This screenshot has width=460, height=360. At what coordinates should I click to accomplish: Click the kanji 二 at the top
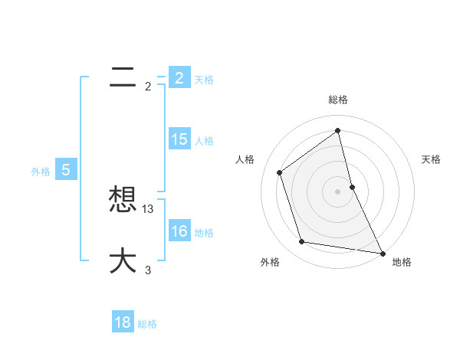(x=123, y=78)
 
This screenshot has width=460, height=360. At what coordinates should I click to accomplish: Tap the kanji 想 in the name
(x=123, y=201)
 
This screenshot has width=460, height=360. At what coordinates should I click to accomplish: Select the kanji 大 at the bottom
(x=123, y=261)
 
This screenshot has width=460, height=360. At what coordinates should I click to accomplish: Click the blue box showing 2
(x=179, y=77)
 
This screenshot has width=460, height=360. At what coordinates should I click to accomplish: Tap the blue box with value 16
(x=179, y=231)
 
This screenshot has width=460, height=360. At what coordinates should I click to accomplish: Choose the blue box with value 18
(x=123, y=322)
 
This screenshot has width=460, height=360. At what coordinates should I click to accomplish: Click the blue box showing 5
(x=66, y=170)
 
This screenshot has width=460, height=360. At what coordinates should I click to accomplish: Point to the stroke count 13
(x=149, y=208)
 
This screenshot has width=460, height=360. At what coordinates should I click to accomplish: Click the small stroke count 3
(x=148, y=270)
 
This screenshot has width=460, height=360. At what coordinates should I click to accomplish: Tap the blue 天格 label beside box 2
(x=204, y=79)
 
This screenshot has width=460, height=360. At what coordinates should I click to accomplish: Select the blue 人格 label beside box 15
(x=204, y=140)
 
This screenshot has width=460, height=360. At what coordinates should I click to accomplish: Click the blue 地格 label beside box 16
(x=204, y=232)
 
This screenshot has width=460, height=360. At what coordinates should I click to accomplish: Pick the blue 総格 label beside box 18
(x=147, y=324)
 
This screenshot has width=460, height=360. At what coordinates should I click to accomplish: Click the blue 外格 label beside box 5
(x=41, y=172)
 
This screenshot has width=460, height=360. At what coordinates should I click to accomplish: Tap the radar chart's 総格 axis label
(x=338, y=100)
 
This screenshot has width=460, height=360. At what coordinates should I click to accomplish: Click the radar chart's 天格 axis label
(x=432, y=159)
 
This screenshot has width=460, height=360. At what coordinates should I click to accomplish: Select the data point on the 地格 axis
(x=382, y=253)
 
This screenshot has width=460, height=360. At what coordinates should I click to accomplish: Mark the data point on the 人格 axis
(x=279, y=172)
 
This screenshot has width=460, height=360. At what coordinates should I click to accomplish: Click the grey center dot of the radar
(x=338, y=191)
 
